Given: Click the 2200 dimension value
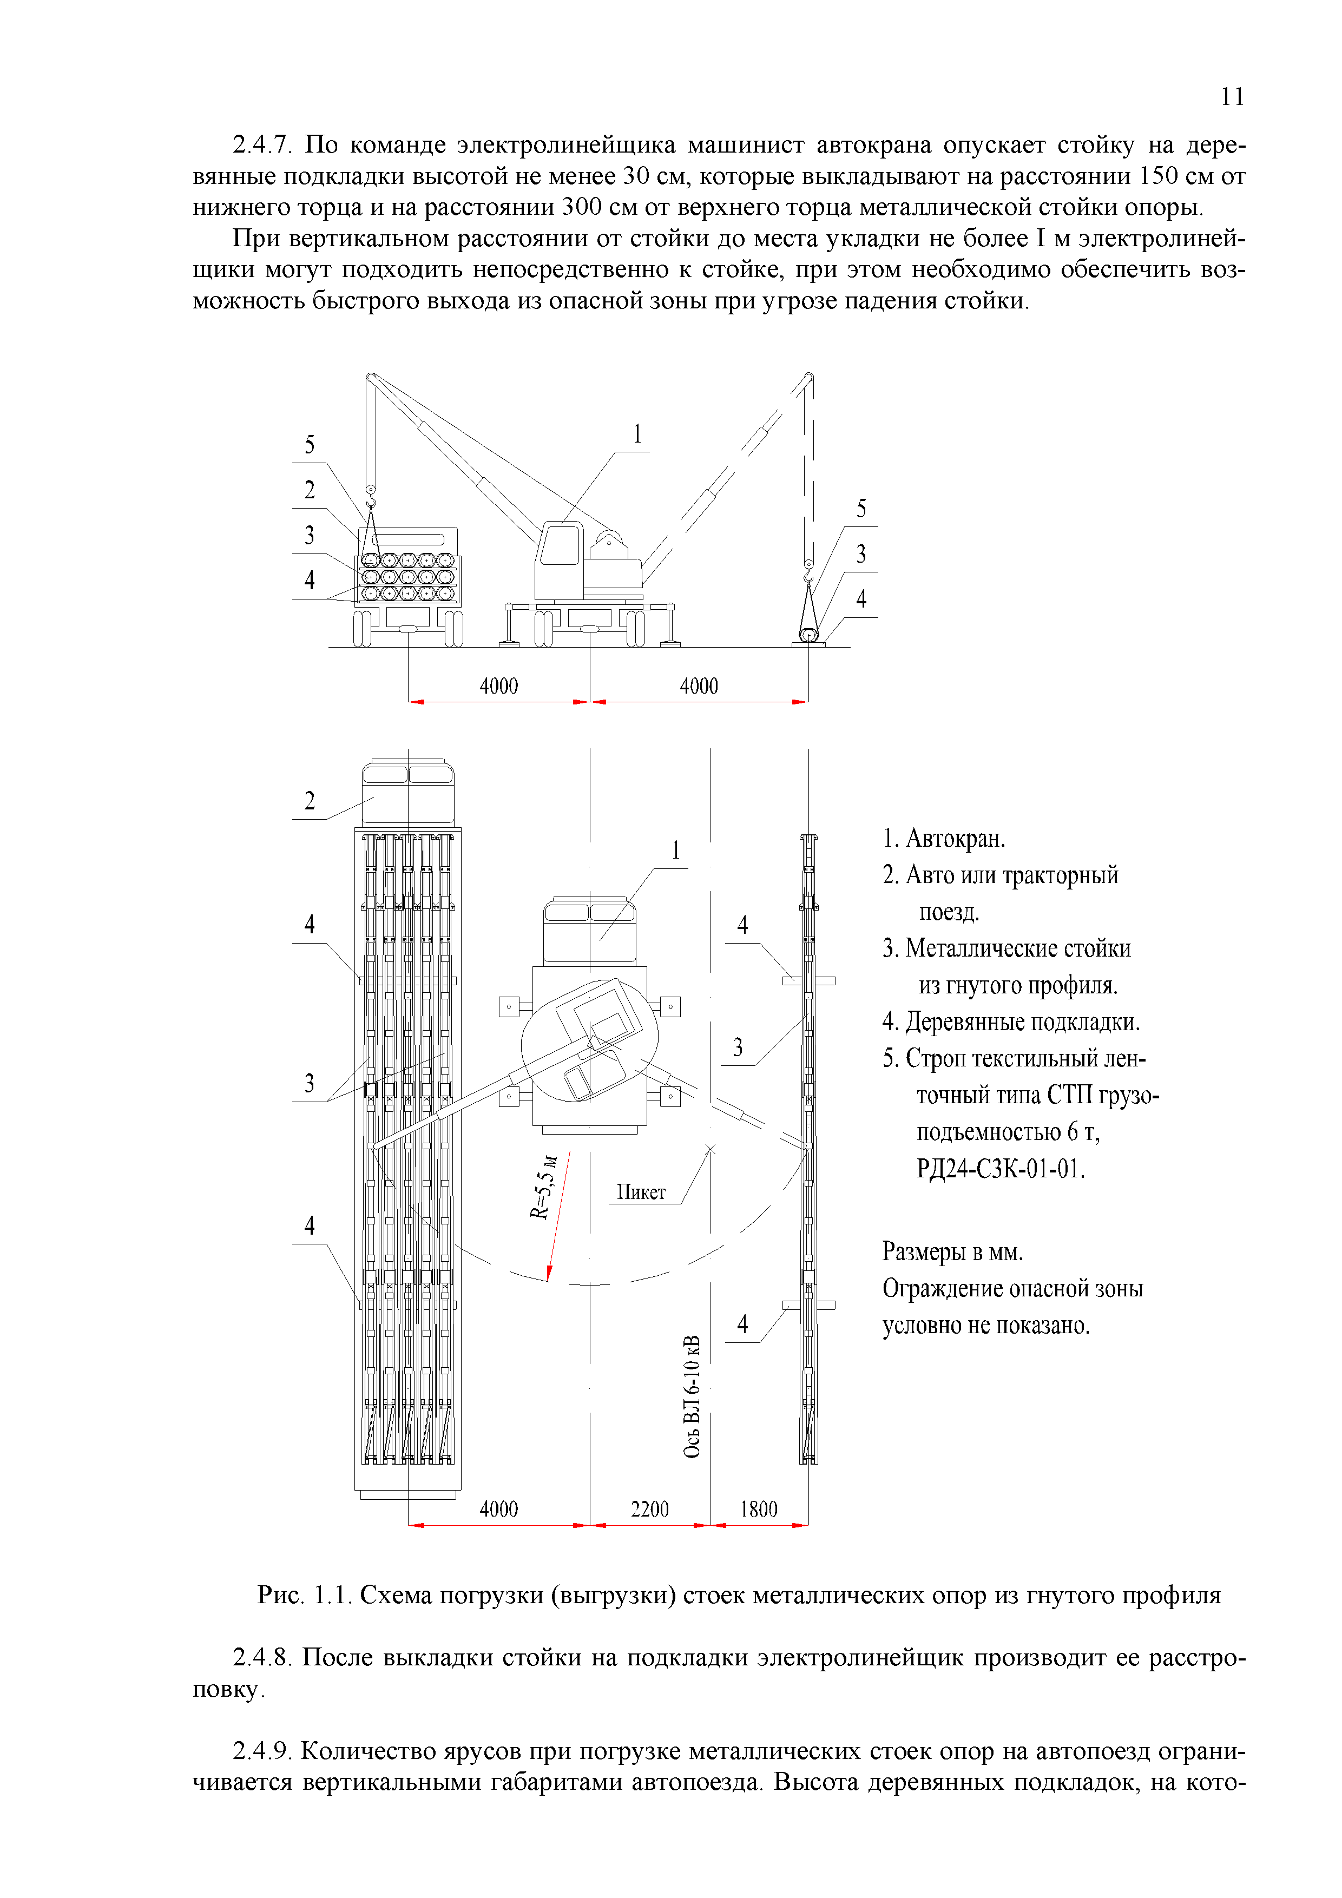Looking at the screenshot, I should (x=649, y=1510).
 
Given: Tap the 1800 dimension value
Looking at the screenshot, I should (x=758, y=1510).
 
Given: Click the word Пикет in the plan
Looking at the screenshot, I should (x=641, y=1192).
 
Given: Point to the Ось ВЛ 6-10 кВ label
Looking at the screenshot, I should (x=692, y=1396).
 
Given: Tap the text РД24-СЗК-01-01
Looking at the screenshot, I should (x=1001, y=1168).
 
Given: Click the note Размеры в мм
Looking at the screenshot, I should (x=952, y=1251).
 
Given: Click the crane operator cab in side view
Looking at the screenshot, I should (x=560, y=545).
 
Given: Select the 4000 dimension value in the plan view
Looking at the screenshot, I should (x=498, y=1510).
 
